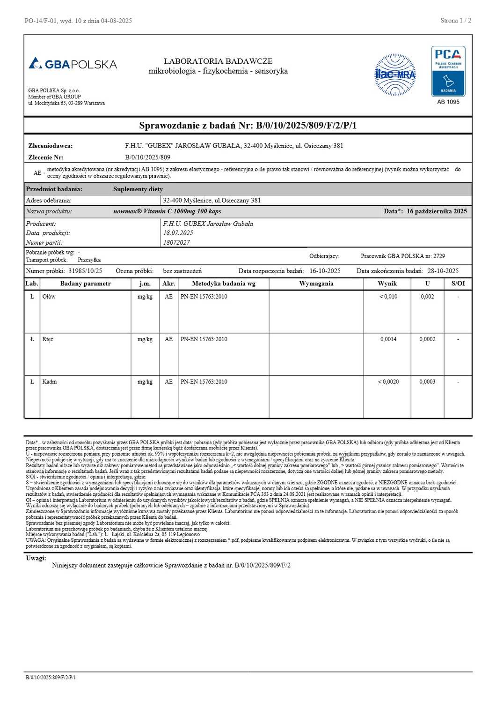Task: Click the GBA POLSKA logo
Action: pyautogui.click(x=73, y=64)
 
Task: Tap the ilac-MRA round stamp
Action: pyautogui.click(x=395, y=75)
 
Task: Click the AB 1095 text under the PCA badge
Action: pyautogui.click(x=448, y=102)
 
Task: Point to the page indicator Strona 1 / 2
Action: pyautogui.click(x=455, y=21)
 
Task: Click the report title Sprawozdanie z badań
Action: pyautogui.click(x=248, y=125)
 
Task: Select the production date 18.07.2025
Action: pyautogui.click(x=178, y=233)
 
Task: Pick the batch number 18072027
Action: pyautogui.click(x=176, y=242)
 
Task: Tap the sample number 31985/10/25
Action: pyautogui.click(x=85, y=271)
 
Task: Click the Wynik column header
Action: pyautogui.click(x=387, y=284)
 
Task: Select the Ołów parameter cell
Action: pyautogui.click(x=49, y=297)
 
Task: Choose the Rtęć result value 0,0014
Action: pyautogui.click(x=388, y=339)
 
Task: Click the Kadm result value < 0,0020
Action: pyautogui.click(x=388, y=382)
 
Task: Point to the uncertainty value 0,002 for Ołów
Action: pyautogui.click(x=427, y=297)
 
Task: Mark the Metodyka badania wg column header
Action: pyautogui.click(x=224, y=284)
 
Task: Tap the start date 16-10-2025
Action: pyautogui.click(x=325, y=271)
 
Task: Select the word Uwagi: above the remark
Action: pyautogui.click(x=36, y=558)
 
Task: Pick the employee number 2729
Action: pyautogui.click(x=439, y=256)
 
